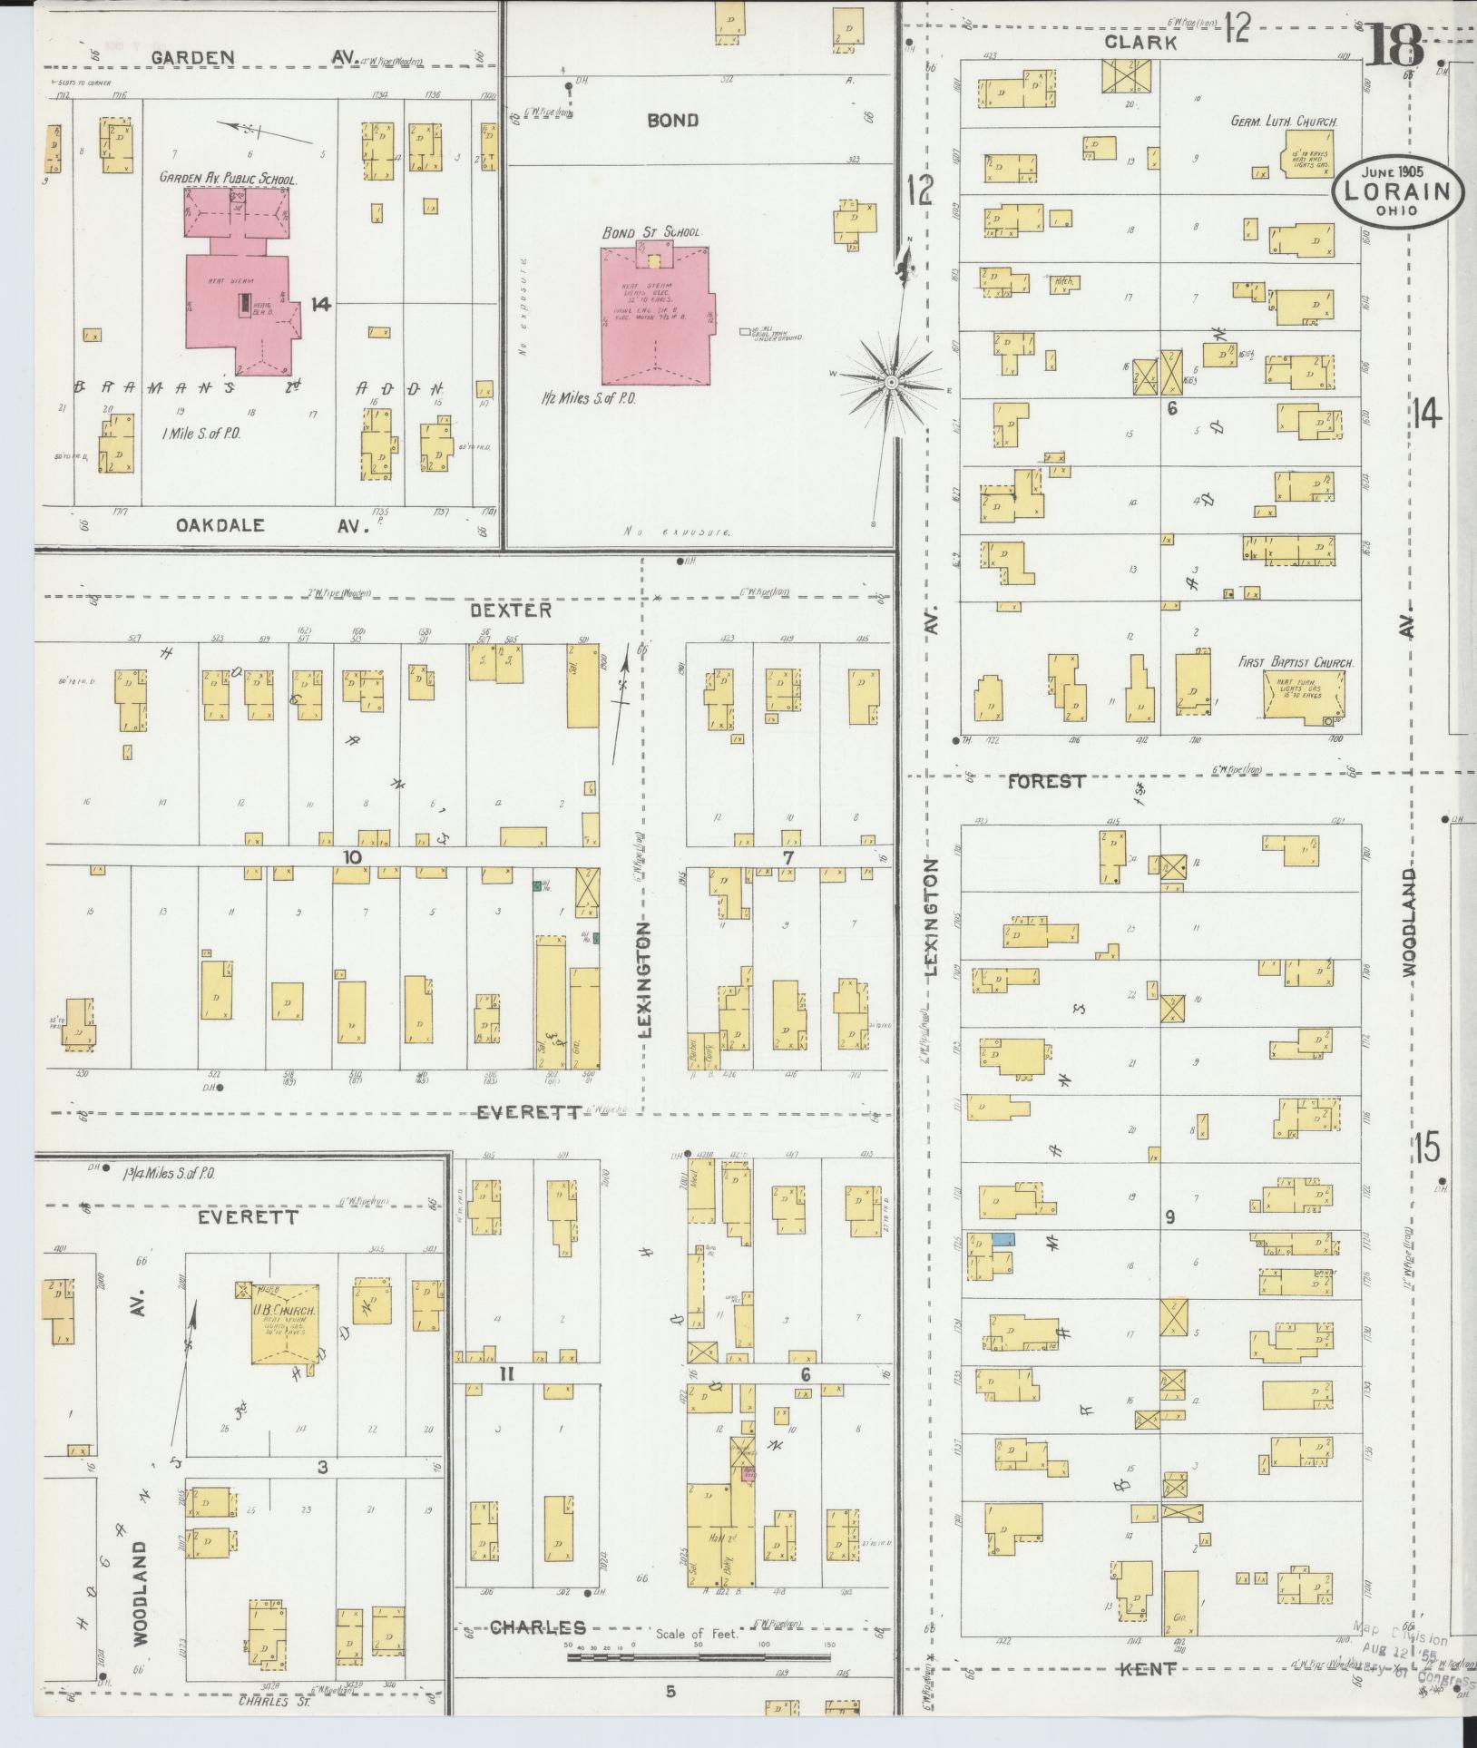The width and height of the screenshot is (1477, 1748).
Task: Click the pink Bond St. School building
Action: [x=655, y=317]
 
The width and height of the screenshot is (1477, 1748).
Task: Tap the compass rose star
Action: [x=891, y=383]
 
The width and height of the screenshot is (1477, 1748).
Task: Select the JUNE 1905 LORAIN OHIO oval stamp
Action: [x=1398, y=190]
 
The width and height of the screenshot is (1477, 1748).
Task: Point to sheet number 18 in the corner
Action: [x=1395, y=45]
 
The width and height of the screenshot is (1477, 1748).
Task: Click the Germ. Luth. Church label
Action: [x=1284, y=121]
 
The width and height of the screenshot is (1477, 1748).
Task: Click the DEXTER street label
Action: [x=511, y=610]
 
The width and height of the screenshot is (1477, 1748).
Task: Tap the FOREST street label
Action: [x=1046, y=781]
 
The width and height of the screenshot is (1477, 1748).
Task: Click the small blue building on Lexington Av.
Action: [x=1003, y=1238]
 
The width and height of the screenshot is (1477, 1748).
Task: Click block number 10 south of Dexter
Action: [x=352, y=857]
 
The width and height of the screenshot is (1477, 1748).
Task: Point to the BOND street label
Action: [x=672, y=120]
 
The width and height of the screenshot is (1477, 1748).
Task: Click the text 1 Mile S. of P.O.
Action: [x=201, y=434]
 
